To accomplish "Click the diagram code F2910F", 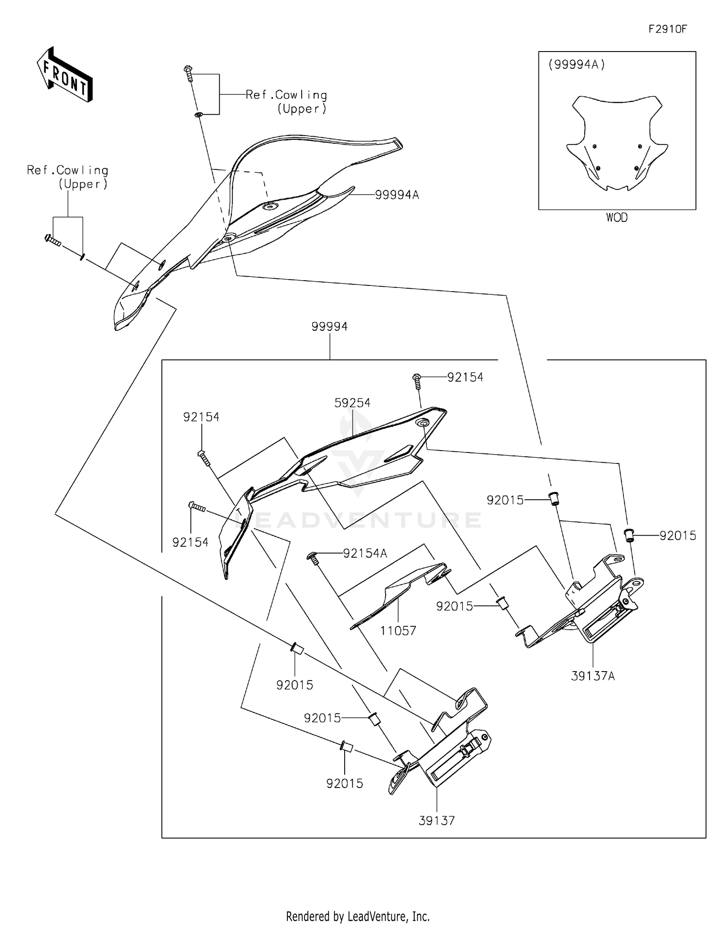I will point(667,29).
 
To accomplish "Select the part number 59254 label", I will point(352,403).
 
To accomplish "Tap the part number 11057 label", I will point(398,631).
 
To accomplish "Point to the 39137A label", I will point(593,676).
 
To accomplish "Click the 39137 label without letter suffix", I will point(437,820).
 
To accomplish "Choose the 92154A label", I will point(365,553).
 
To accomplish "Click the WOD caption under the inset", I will point(617,218).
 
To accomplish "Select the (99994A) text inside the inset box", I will point(577,64).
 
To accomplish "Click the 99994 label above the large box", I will point(329,326).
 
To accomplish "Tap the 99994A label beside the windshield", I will point(397,195).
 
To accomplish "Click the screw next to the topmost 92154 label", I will point(416,379).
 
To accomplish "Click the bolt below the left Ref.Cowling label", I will point(52,240).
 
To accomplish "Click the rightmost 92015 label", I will point(678,536).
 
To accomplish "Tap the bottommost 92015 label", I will point(345,783).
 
